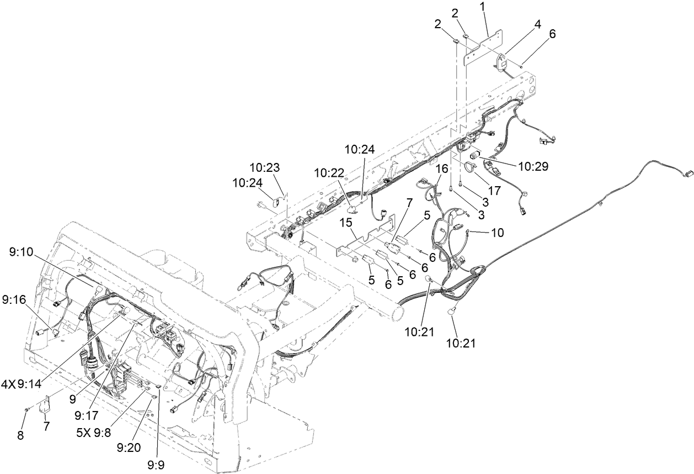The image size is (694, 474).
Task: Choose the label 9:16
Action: pos(14,299)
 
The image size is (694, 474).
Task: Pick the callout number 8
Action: pos(20,435)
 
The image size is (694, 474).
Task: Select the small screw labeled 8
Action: pos(26,409)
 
